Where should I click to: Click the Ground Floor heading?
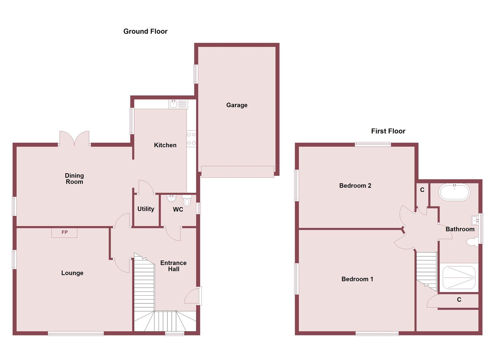point(145,31)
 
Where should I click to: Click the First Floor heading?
point(388,131)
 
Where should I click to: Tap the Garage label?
point(237,105)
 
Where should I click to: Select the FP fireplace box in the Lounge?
point(64,233)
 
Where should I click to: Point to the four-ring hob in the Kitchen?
point(191,139)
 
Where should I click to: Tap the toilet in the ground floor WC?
point(187,201)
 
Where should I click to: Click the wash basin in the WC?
point(171,199)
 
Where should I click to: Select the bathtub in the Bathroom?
point(454,192)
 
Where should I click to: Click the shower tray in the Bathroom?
point(459,277)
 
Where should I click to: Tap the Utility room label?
point(146,209)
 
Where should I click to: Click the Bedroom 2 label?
point(355,186)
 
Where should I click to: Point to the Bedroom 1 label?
point(357,279)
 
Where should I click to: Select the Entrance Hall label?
point(173,266)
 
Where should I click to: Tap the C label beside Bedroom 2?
point(422,190)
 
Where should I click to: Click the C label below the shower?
point(459,300)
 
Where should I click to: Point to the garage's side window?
point(196,74)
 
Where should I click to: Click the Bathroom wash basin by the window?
point(475,220)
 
